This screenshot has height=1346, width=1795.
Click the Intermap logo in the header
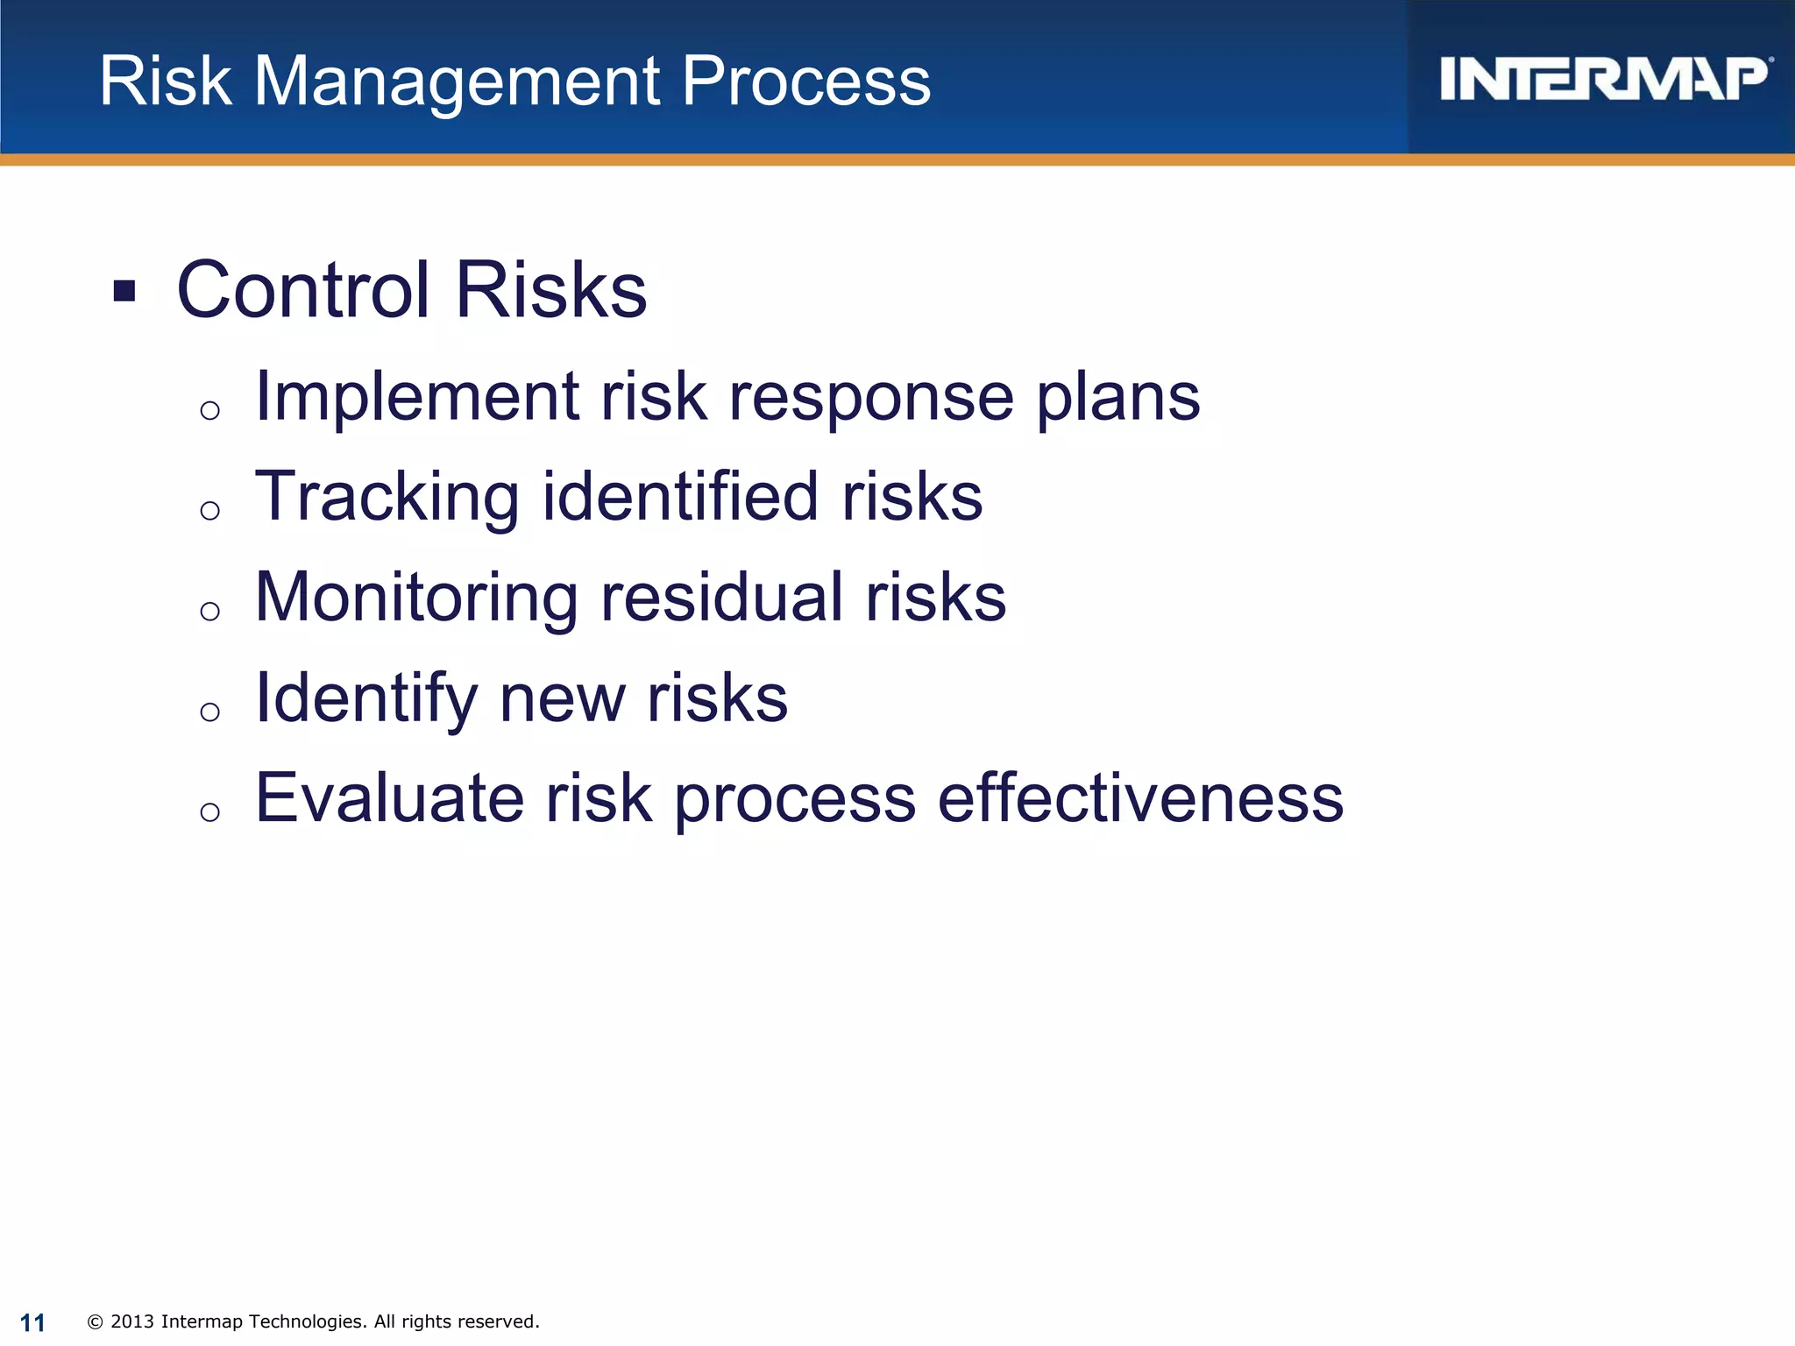pyautogui.click(x=1604, y=80)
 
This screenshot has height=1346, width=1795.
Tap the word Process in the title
pyautogui.click(x=805, y=81)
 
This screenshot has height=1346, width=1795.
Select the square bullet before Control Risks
pyautogui.click(x=124, y=291)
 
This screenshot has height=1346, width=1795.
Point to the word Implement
pyautogui.click(x=416, y=397)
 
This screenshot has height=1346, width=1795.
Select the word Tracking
pyautogui.click(x=387, y=498)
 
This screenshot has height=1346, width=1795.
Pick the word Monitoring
pyautogui.click(x=415, y=599)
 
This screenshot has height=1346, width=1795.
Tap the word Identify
pyautogui.click(x=365, y=699)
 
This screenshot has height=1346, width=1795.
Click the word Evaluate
pyautogui.click(x=389, y=798)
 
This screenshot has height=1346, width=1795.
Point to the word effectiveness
pyautogui.click(x=1139, y=798)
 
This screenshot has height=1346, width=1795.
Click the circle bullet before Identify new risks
pyautogui.click(x=209, y=712)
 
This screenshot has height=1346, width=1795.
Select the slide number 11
pyautogui.click(x=32, y=1322)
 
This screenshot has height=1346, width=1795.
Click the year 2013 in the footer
pyautogui.click(x=132, y=1321)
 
